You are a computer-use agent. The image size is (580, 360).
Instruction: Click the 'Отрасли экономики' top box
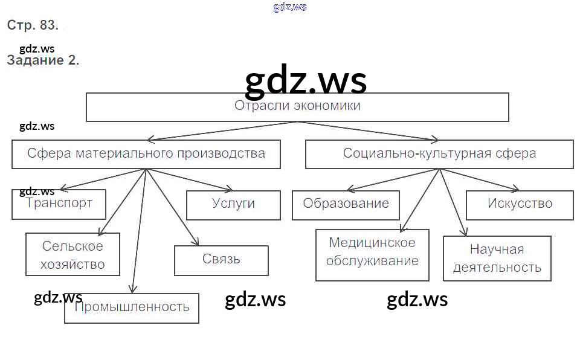click(297, 107)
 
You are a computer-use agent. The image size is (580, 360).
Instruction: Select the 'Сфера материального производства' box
click(146, 154)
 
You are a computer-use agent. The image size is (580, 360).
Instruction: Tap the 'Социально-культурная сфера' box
click(439, 154)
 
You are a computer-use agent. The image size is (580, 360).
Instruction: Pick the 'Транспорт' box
click(59, 204)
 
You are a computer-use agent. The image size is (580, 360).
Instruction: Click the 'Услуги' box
click(233, 205)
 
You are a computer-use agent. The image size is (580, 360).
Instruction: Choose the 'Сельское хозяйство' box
click(72, 255)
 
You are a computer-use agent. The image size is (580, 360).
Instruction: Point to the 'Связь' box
click(221, 260)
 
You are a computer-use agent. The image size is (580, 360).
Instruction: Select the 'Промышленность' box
click(132, 307)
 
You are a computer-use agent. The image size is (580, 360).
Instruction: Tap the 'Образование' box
click(346, 205)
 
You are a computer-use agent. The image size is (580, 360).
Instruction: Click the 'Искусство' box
click(520, 205)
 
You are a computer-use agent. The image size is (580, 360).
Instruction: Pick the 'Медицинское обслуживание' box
click(372, 254)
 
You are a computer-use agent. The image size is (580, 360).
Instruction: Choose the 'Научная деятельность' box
click(497, 259)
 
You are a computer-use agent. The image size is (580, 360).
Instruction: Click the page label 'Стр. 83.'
click(33, 25)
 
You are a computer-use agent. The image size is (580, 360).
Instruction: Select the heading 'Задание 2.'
click(43, 60)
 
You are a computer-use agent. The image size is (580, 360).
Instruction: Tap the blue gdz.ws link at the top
click(290, 7)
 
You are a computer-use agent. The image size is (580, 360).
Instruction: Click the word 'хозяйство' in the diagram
click(72, 265)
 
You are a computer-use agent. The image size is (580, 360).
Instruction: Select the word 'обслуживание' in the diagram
click(372, 262)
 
